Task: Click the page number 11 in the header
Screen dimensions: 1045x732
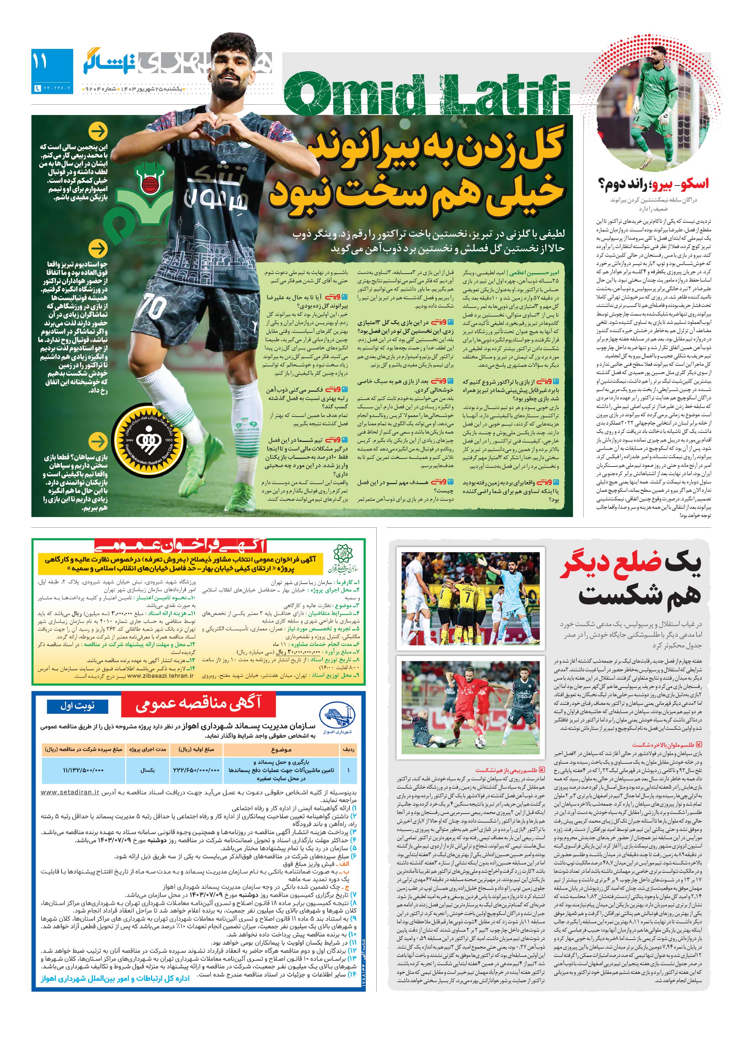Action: click(x=40, y=62)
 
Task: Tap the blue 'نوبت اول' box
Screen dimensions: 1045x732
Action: click(x=78, y=706)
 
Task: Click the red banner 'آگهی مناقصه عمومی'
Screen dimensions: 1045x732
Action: click(x=198, y=704)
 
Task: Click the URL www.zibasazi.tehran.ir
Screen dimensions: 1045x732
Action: click(x=160, y=676)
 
